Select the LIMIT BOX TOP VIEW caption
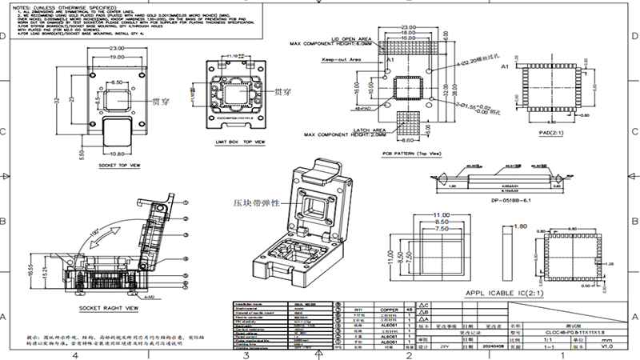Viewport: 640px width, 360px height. tap(239, 141)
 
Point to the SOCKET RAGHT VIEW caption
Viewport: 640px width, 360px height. tap(110, 307)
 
